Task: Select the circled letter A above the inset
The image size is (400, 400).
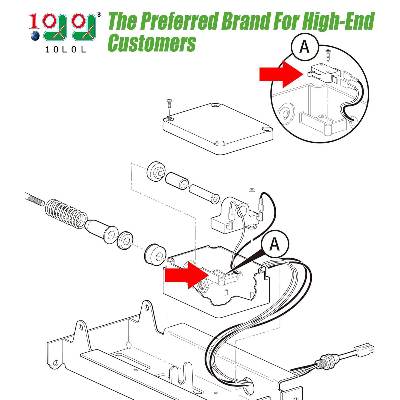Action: coord(304,47)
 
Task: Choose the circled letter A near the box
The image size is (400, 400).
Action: coord(274,244)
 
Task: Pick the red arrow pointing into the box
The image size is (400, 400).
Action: coord(186,275)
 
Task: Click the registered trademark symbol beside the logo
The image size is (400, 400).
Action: coord(99,14)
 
